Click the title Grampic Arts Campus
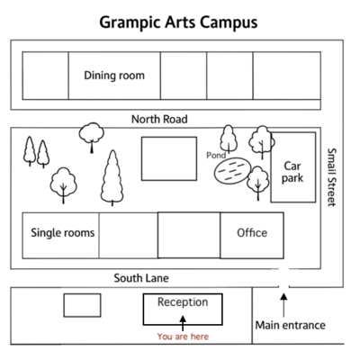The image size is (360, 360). point(178,22)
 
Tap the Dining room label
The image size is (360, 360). point(114,76)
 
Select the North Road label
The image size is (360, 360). point(159,119)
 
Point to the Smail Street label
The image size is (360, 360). point(331,177)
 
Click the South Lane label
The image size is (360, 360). point(141,278)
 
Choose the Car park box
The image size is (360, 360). point(293,167)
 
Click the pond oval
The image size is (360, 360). point(232,171)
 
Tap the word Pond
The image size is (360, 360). point(216,156)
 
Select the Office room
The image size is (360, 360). point(252,235)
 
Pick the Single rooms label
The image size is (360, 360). point(63,233)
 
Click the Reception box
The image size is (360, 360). point(183,310)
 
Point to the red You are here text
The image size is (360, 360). point(183,337)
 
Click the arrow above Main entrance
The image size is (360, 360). point(283,305)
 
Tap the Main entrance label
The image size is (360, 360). point(291,325)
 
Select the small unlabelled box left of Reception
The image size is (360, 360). point(82,305)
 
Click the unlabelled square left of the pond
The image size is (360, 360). point(169,158)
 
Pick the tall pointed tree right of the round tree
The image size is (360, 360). point(112,177)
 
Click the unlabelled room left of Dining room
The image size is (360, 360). point(45,76)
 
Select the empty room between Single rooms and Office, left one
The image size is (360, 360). point(129,236)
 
